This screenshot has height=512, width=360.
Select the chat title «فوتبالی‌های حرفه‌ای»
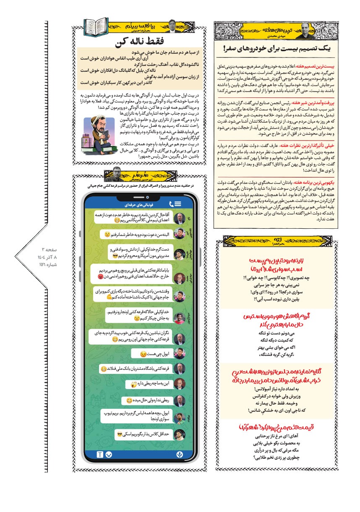135,204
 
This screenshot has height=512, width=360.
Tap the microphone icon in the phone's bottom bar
179,455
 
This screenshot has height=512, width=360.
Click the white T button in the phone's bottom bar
100,455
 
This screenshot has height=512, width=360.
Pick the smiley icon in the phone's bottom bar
110,455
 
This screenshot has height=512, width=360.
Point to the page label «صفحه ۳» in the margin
48,250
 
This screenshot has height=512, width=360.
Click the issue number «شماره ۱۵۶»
48,265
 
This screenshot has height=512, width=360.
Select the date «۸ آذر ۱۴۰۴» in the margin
48,257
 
